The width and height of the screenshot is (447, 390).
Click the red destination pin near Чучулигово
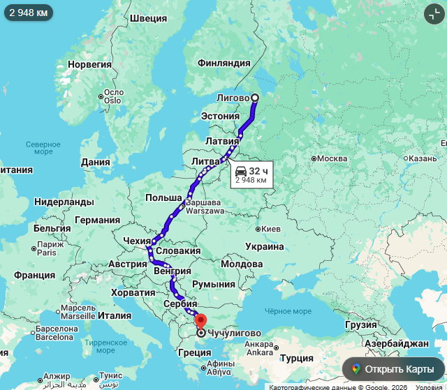(200, 322)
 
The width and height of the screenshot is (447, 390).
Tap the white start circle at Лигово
(254, 98)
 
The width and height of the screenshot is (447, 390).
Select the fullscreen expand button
(433, 13)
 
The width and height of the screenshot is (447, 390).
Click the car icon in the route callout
(241, 170)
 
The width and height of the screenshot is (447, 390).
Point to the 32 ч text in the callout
(258, 170)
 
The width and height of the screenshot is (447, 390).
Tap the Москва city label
(332, 159)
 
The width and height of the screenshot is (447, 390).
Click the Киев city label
(270, 229)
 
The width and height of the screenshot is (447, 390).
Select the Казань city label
(423, 158)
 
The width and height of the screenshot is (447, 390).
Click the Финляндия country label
(223, 63)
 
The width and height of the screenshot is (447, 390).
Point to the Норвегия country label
(89, 64)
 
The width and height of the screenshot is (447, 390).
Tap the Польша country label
(163, 198)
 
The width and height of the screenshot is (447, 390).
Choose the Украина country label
(265, 246)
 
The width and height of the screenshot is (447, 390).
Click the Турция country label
(296, 358)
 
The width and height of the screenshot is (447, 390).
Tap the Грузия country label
(361, 325)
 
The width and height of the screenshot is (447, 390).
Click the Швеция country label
(148, 18)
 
